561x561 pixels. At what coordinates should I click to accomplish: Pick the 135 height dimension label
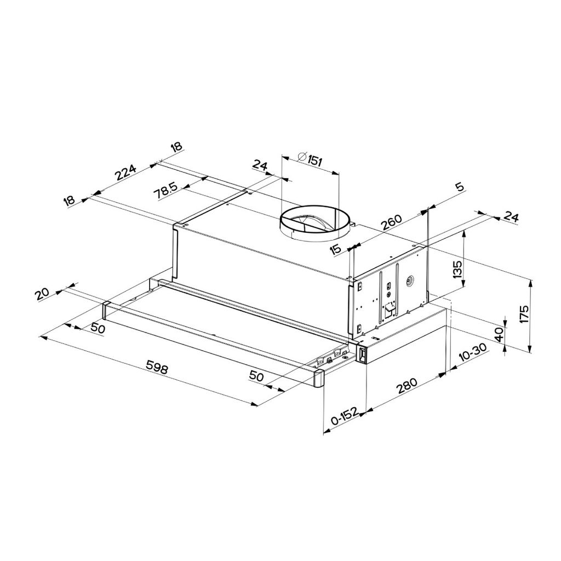point(458,270)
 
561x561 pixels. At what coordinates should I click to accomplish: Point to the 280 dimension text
point(408,387)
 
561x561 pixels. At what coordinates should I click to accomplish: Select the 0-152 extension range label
point(344,417)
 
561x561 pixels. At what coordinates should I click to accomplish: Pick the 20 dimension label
point(42,294)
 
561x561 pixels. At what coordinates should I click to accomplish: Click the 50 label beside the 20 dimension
point(98,328)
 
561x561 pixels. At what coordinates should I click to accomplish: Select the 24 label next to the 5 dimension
point(510,217)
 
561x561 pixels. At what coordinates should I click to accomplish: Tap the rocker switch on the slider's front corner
point(362,356)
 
